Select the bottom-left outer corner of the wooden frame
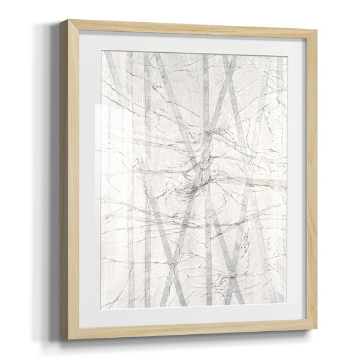tap(68, 340)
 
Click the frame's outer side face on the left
tap(64, 180)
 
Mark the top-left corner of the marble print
tap(101, 51)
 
